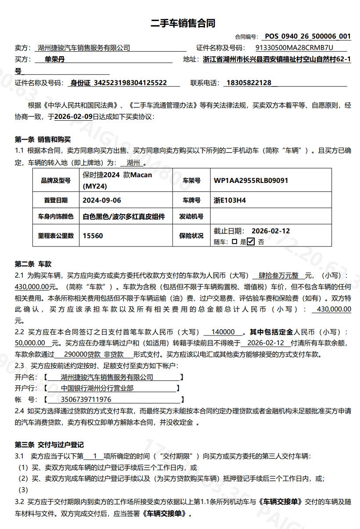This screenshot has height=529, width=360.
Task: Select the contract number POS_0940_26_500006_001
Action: tap(308, 36)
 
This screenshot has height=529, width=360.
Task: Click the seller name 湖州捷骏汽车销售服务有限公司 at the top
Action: tap(84, 48)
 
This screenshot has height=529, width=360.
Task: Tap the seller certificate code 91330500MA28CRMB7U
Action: tap(294, 48)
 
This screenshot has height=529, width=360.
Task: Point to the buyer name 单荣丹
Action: tap(55, 59)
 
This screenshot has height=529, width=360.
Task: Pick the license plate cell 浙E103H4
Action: tap(230, 200)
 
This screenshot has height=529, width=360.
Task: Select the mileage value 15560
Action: tap(93, 236)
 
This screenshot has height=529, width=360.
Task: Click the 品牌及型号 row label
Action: tap(56, 180)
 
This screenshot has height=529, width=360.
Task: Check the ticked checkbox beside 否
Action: tap(251, 241)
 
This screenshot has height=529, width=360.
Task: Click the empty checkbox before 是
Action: tap(234, 241)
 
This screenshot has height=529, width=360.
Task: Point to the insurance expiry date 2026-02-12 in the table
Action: tap(270, 231)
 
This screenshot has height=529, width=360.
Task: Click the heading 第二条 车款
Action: tap(33, 264)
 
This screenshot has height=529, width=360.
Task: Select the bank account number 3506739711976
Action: tap(86, 400)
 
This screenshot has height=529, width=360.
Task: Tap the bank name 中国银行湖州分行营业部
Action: tap(97, 388)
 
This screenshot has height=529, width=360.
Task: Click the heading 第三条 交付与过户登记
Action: tap(49, 444)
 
